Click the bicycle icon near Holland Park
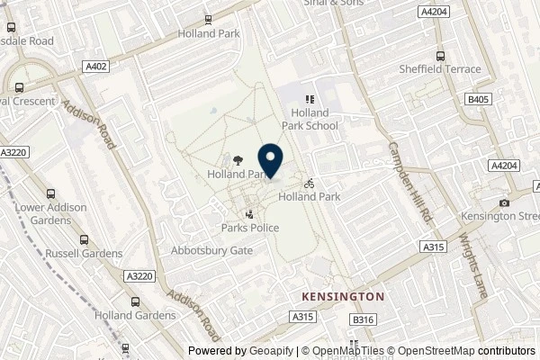point(309,182)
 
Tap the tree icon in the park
point(237,159)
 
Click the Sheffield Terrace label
point(440,69)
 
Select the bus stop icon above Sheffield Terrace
point(440,54)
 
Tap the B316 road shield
point(363,319)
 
